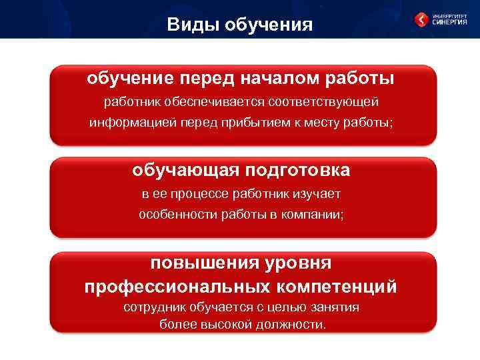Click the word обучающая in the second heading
(x=186, y=170)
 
